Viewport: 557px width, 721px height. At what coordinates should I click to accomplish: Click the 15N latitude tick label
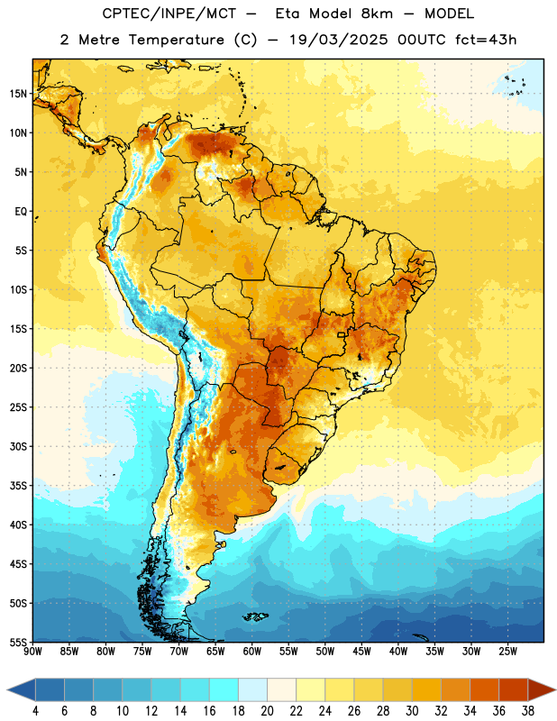(18, 94)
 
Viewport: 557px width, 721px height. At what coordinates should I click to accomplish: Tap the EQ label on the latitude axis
(21, 212)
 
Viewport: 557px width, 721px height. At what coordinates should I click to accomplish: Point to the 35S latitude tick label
(18, 486)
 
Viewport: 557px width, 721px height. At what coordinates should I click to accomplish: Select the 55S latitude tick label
(18, 642)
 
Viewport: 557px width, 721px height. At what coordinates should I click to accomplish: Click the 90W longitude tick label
(32, 651)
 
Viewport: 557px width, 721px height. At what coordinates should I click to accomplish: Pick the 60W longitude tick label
(252, 651)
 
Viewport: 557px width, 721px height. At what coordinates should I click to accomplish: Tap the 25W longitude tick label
(507, 651)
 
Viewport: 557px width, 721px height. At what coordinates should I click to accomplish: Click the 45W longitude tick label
(361, 651)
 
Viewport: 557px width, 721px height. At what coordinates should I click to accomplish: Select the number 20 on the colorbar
(267, 711)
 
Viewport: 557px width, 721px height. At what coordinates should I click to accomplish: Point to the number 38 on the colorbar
(527, 711)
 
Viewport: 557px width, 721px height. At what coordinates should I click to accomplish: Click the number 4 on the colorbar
(35, 711)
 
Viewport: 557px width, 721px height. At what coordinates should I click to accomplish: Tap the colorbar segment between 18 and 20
(252, 689)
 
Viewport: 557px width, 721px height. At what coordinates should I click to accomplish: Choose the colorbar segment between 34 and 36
(484, 689)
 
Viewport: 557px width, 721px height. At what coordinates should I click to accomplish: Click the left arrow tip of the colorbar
(7, 689)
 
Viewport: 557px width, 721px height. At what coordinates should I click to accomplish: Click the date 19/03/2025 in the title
(339, 40)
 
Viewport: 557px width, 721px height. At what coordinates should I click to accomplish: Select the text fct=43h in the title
(486, 40)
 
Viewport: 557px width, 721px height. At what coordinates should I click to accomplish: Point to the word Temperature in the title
(176, 40)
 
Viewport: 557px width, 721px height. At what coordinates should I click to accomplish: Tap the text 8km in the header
(377, 14)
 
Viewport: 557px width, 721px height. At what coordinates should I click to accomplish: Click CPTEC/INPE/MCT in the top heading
(169, 14)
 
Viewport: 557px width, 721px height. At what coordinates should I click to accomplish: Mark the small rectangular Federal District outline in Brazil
(342, 334)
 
